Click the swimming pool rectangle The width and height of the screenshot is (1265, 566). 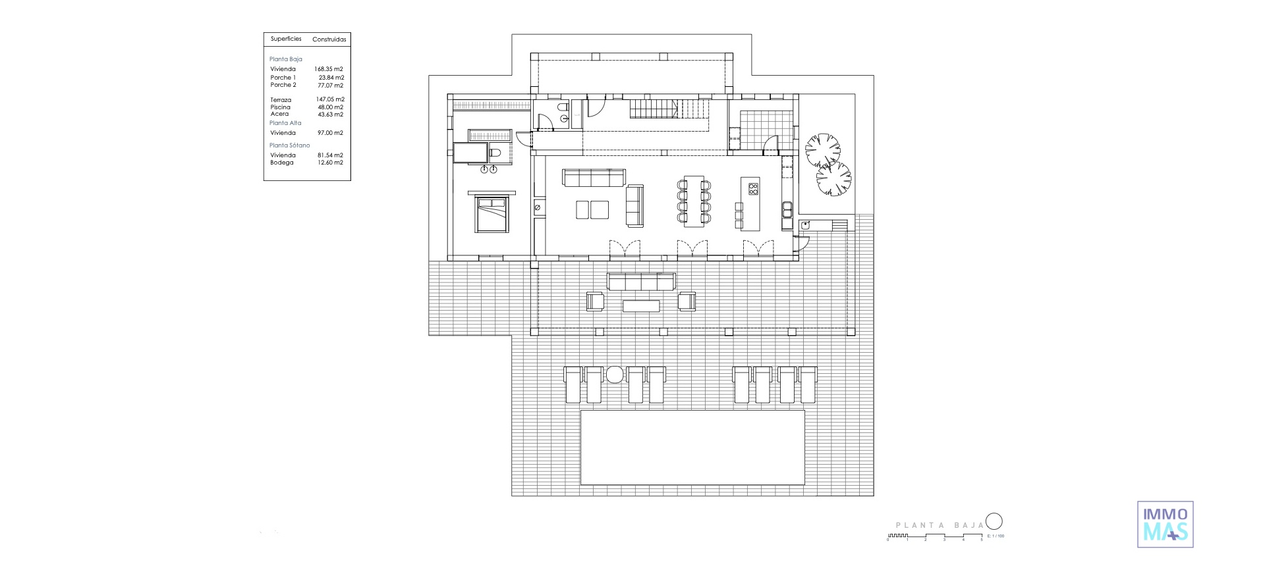tap(692, 448)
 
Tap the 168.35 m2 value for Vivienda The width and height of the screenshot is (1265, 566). tap(329, 69)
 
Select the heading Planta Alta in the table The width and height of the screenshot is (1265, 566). tap(285, 123)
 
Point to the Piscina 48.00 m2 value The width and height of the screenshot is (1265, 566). tap(330, 107)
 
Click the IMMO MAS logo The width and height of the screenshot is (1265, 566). tap(1166, 524)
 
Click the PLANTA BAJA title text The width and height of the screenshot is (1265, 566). tap(940, 525)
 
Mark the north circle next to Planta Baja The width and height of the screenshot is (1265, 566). tap(994, 522)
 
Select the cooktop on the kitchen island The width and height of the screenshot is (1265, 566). tap(753, 190)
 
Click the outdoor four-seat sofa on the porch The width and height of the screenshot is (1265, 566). tap(641, 282)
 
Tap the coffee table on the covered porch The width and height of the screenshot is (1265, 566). tap(641, 305)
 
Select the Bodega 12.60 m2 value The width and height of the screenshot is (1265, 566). tap(330, 163)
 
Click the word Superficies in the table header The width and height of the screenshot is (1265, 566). tap(286, 39)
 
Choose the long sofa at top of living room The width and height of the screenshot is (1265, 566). tap(594, 178)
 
